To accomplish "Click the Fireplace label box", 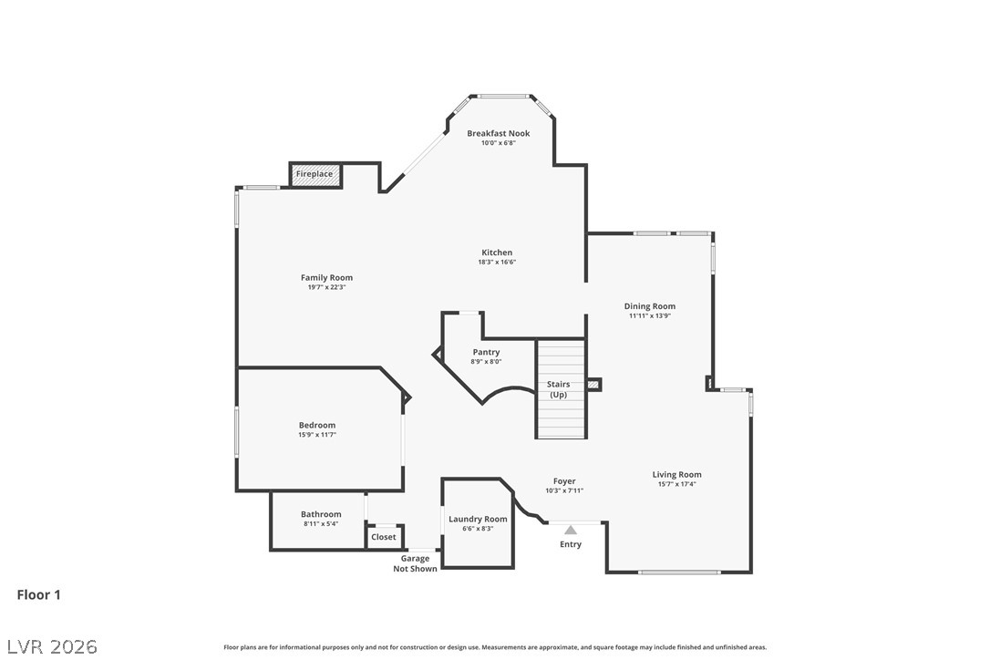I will point(315,174).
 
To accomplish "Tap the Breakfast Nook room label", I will point(498,134).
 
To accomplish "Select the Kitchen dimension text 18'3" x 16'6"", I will point(497,263).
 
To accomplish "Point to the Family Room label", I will point(326,278).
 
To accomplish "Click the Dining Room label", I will point(650,306).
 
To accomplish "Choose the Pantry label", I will point(486,352).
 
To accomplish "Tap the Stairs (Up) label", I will point(558,389).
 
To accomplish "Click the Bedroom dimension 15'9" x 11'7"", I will point(317,435).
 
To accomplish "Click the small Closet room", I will point(384,537).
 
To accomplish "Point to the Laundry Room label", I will point(478,519).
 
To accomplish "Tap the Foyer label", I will point(564,481).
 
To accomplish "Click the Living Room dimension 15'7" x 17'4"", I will point(676,484).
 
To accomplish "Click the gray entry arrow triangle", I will point(571,529).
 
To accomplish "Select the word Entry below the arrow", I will point(571,544).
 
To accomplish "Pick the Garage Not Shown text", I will point(415,563).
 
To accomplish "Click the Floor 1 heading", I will point(38,594).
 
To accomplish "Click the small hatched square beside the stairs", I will point(593,385).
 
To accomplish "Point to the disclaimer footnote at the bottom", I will point(495,647).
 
